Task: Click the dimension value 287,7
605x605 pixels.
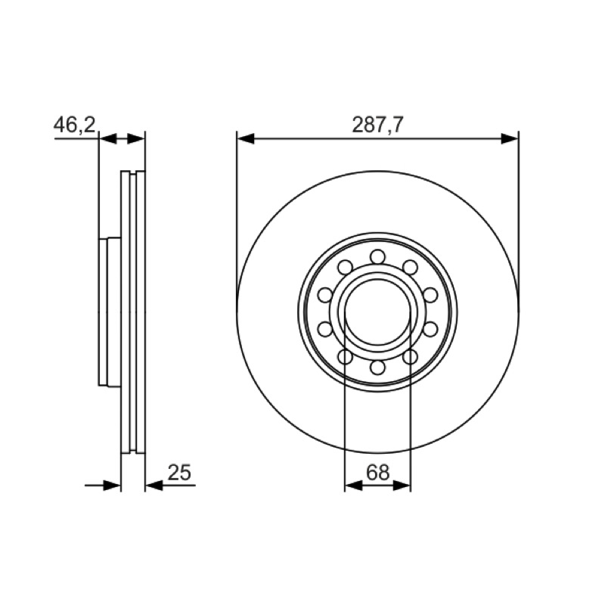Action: coord(377,124)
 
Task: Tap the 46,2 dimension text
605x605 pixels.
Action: coord(74,124)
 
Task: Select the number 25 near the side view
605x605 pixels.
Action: coord(179,472)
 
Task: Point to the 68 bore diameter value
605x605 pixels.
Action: coord(377,472)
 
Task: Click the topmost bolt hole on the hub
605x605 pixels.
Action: coord(377,256)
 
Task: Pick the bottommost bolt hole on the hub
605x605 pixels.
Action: coord(377,367)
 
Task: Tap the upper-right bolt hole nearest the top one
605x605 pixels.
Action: coord(410,267)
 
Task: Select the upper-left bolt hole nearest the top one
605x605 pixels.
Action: coord(346,267)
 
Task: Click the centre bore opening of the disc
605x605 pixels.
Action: coord(377,312)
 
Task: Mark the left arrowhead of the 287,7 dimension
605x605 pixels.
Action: coord(245,138)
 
